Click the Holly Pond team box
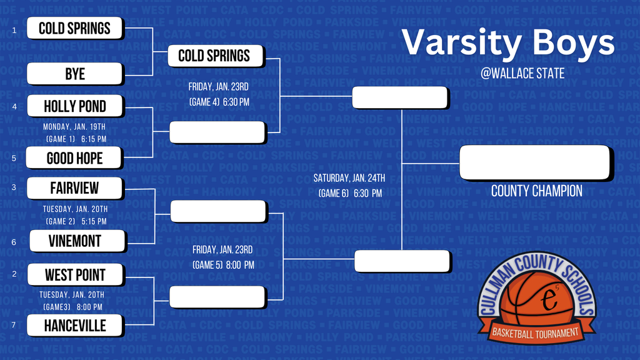[75, 106]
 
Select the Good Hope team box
[74, 158]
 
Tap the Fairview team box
[75, 187]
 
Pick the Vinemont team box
[75, 241]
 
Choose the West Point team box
[75, 274]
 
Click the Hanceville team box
[75, 325]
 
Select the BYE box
[75, 74]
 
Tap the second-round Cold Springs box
[214, 56]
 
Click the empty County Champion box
[534, 162]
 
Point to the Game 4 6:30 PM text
[219, 102]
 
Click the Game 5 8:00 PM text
[223, 265]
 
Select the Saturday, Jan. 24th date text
[349, 178]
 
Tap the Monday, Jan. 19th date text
[76, 127]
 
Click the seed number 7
[14, 325]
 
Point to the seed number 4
[14, 106]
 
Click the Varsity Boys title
[507, 42]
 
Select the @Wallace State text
[522, 74]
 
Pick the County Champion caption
[536, 191]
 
